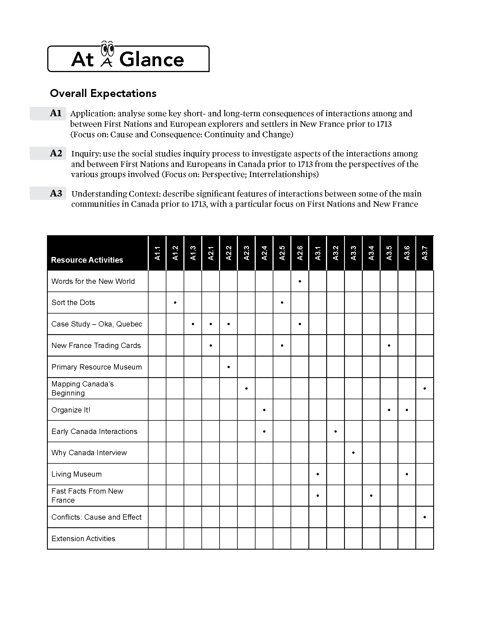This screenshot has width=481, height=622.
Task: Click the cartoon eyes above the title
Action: (108, 49)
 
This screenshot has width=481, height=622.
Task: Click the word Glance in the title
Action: (152, 60)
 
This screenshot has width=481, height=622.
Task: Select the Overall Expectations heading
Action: (103, 93)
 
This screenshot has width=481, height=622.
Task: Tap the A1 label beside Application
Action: (55, 113)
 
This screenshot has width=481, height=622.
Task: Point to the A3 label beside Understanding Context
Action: (56, 194)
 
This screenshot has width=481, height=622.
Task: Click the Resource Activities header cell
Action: (87, 260)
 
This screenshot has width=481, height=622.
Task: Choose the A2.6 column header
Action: (300, 253)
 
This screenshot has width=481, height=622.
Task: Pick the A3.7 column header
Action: (425, 253)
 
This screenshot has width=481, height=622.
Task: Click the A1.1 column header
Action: (157, 253)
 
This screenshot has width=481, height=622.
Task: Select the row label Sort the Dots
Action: (73, 303)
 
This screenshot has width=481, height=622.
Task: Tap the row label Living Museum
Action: (76, 474)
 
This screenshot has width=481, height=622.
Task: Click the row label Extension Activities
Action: (83, 539)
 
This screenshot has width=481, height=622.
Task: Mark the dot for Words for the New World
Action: (300, 281)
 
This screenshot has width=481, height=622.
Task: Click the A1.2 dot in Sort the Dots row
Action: (175, 303)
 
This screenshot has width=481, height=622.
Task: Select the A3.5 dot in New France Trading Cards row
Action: (389, 345)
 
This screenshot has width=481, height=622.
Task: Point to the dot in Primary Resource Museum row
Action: (229, 367)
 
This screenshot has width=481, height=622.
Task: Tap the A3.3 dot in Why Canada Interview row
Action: (353, 453)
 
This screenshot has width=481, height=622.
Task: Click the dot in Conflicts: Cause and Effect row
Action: (425, 517)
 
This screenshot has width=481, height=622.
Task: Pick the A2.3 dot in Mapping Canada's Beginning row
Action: (246, 388)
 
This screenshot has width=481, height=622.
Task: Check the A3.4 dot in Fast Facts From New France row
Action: (371, 496)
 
